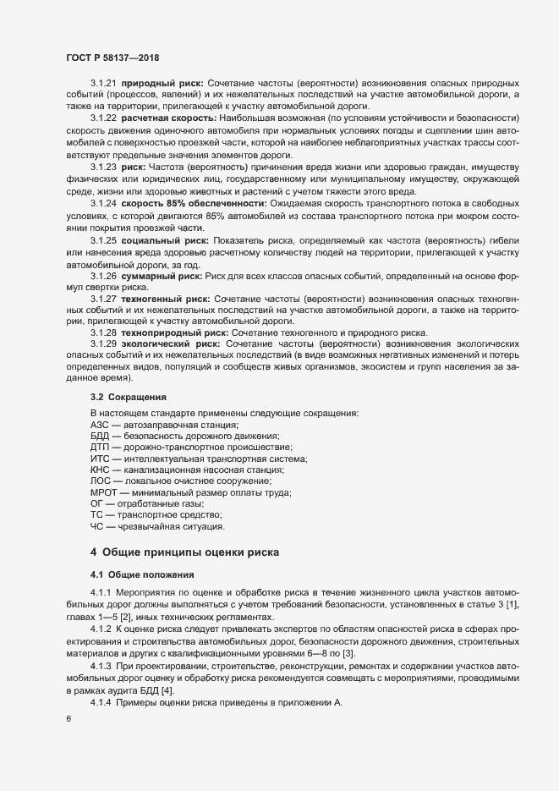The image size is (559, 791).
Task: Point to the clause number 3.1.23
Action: [x=102, y=167]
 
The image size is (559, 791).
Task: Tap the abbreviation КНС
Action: [x=100, y=470]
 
